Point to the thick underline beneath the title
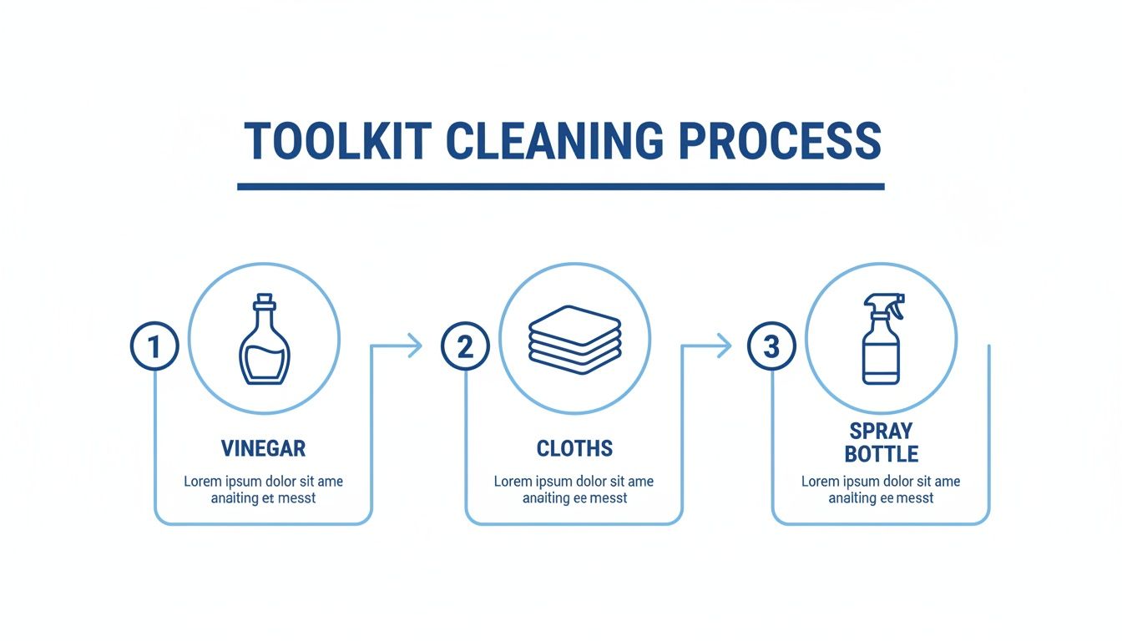(560, 186)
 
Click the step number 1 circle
(154, 346)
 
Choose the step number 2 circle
(465, 346)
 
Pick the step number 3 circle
(771, 346)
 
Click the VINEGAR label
(264, 448)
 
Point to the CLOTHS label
(574, 448)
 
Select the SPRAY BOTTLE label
(882, 442)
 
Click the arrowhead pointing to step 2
(414, 346)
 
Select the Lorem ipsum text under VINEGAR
(264, 490)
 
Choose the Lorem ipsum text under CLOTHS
(574, 490)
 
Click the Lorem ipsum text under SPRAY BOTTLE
(881, 490)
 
